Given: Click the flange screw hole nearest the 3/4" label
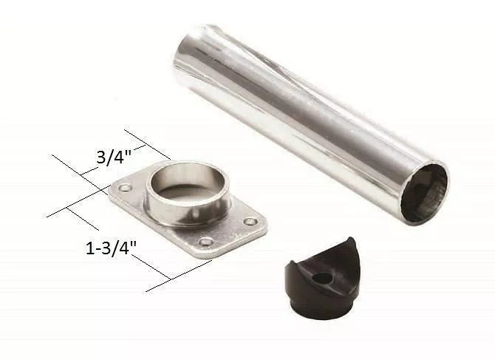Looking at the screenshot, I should [126, 189].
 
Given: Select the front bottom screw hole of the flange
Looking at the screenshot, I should [205, 242].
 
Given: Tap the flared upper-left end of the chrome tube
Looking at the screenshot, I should [196, 44].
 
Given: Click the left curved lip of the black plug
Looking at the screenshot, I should [293, 268].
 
